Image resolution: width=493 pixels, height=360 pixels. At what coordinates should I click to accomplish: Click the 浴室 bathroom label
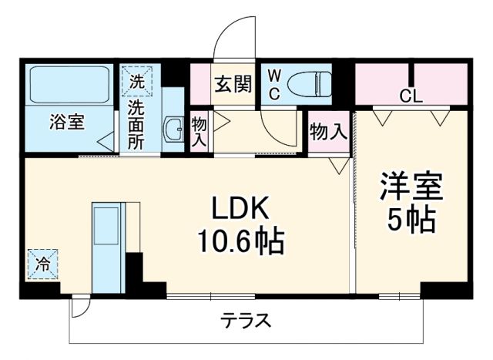[67, 122]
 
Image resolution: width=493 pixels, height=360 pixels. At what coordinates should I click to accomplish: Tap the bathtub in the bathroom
[69, 84]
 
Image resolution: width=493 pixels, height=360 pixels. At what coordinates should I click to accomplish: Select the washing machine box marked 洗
[136, 80]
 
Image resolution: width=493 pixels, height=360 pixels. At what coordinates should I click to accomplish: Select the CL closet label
[411, 97]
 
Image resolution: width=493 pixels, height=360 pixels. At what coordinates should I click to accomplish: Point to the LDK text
[240, 209]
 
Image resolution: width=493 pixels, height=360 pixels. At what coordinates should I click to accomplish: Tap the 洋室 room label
[410, 187]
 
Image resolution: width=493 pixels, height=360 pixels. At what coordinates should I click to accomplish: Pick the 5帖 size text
[410, 221]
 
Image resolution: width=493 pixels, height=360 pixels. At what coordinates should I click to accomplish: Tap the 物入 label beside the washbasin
[200, 132]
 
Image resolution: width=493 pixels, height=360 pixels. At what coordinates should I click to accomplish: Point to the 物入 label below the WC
[328, 132]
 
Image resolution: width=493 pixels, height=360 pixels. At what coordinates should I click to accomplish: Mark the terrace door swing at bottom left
[79, 307]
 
